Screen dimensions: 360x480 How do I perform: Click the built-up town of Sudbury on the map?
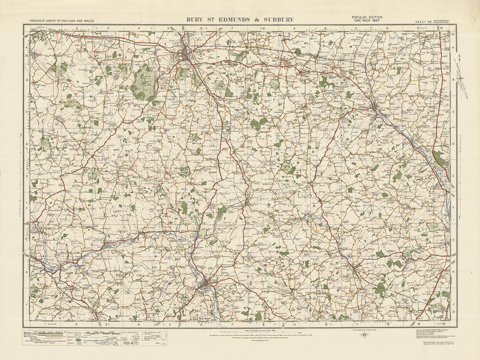click(206, 286)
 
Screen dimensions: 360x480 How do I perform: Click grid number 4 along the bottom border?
click(138, 323)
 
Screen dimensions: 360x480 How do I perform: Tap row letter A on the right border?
click(453, 47)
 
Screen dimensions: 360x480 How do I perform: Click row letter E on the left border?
click(27, 174)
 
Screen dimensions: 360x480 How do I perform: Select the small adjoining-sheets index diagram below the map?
click(364, 336)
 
